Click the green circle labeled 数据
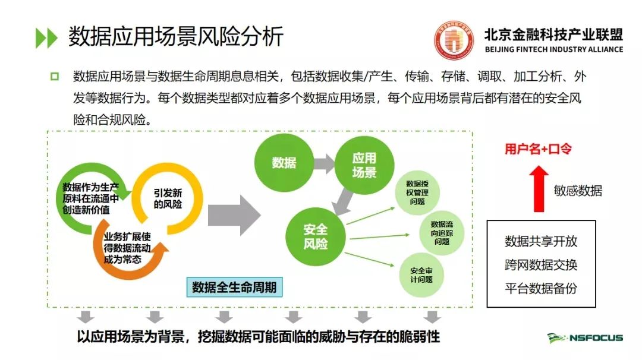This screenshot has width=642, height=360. (284, 163)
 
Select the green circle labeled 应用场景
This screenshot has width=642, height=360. (364, 165)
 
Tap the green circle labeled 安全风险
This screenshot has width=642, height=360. (315, 236)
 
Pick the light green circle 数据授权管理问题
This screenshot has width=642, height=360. (417, 192)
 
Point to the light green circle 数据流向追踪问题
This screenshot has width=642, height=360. (442, 233)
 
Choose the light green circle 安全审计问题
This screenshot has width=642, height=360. (421, 275)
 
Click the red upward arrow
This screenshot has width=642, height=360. (539, 188)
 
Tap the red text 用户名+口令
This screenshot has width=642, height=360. (538, 149)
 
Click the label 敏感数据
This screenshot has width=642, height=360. (578, 191)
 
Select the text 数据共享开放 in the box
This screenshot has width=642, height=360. (541, 241)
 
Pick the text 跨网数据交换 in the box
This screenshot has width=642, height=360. (541, 265)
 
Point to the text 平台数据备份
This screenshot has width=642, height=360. (541, 288)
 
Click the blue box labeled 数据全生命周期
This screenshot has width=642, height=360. (234, 287)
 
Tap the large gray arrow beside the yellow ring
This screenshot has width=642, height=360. (234, 215)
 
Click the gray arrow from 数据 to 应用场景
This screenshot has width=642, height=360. (325, 163)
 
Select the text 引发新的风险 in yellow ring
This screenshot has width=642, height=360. (168, 198)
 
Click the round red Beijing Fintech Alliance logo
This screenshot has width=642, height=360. (454, 40)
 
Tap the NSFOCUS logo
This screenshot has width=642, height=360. (585, 338)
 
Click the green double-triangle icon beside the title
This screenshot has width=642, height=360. (47, 37)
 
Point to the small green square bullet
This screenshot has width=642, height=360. (55, 77)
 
